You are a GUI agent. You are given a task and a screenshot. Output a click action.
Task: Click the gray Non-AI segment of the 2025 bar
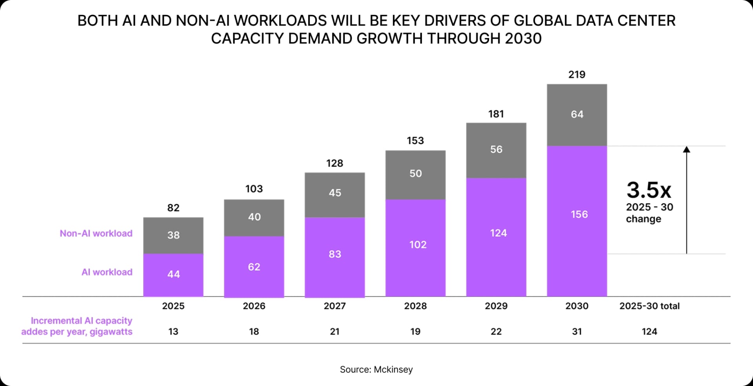173,235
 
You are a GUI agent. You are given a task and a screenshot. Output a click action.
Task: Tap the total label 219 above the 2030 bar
577,74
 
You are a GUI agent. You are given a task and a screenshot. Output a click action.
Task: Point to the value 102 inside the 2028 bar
418,245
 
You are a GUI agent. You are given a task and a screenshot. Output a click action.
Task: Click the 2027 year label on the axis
335,306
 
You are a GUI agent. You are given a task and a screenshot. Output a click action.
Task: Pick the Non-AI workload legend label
96,233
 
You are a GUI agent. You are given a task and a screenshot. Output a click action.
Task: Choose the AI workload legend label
107,272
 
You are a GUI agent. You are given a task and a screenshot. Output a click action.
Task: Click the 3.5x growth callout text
649,190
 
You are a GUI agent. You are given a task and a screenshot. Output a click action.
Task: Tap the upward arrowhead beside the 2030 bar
686,149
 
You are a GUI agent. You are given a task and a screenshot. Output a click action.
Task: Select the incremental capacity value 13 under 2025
173,332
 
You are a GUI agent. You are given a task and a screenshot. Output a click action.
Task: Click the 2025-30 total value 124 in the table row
649,332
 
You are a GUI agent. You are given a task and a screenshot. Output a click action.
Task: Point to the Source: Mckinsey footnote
376,369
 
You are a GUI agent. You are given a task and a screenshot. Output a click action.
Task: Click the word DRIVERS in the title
455,20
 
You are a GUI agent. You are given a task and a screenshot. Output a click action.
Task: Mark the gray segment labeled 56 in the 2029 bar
496,149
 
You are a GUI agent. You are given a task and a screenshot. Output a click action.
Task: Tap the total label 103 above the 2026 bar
254,189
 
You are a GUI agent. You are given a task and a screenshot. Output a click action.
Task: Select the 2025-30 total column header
649,306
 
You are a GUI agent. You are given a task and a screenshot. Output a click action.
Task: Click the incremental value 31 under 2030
577,332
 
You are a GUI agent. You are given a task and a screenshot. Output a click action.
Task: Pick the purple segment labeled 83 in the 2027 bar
335,254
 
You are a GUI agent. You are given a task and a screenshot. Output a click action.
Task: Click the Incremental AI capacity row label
77,326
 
